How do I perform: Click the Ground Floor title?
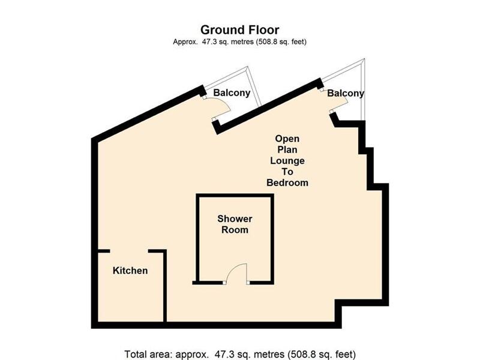click(x=239, y=29)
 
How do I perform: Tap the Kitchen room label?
click(x=130, y=271)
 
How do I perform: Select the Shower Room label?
click(x=235, y=224)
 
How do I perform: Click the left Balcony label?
click(x=232, y=93)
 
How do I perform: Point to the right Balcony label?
click(x=345, y=94)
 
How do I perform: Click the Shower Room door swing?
click(x=238, y=273)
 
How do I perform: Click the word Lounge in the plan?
click(x=287, y=161)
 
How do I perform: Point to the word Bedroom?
click(x=287, y=182)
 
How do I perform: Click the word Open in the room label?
click(x=287, y=139)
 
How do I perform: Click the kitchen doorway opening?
click(x=129, y=251)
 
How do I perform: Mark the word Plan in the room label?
click(x=287, y=149)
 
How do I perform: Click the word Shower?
click(x=235, y=219)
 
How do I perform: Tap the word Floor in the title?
click(x=262, y=29)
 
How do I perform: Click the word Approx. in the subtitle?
click(x=185, y=41)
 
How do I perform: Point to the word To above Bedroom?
click(x=287, y=172)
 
